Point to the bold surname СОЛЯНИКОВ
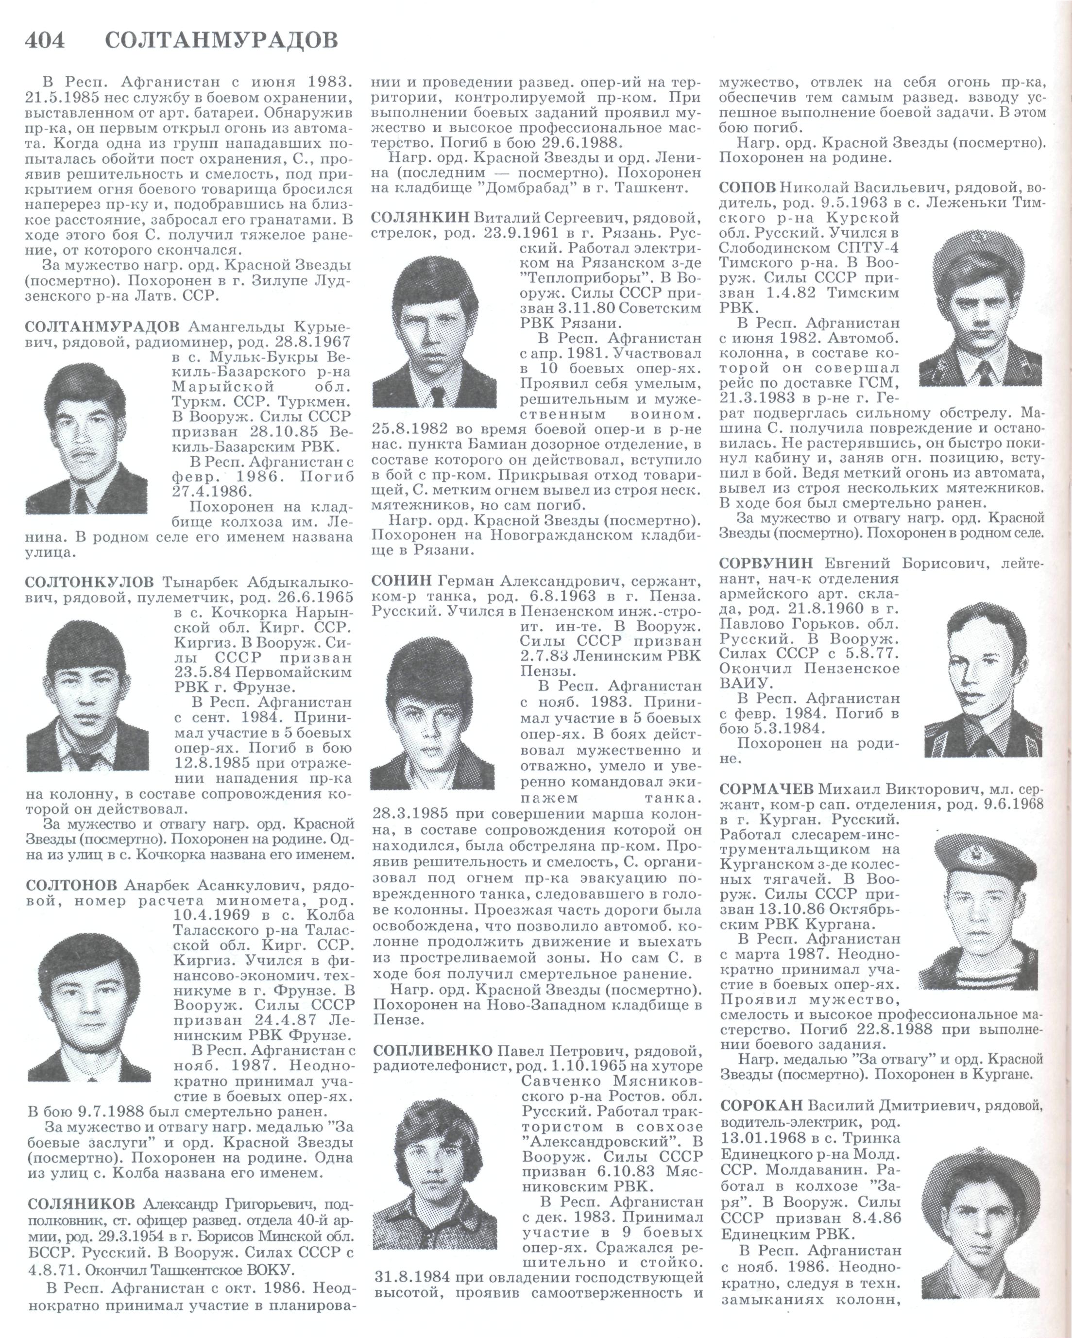[81, 1204]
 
